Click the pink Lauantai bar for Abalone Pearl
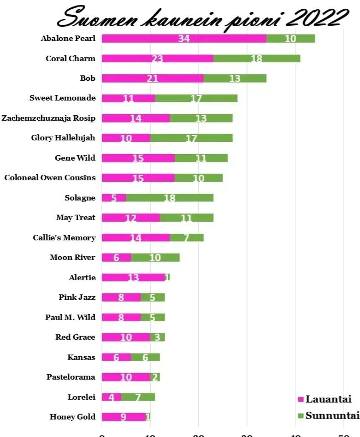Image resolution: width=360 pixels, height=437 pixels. (164, 38)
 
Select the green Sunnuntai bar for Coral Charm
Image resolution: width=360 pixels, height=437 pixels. (257, 58)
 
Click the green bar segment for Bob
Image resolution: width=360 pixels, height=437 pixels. (235, 78)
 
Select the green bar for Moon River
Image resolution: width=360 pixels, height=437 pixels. (155, 257)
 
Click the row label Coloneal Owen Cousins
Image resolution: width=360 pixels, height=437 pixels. (50, 178)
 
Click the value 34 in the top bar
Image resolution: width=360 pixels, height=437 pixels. (184, 38)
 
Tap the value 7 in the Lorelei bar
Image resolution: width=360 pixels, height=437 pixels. (138, 397)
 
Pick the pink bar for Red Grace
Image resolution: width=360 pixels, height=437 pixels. (126, 337)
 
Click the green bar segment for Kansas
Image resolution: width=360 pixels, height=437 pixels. (145, 357)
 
